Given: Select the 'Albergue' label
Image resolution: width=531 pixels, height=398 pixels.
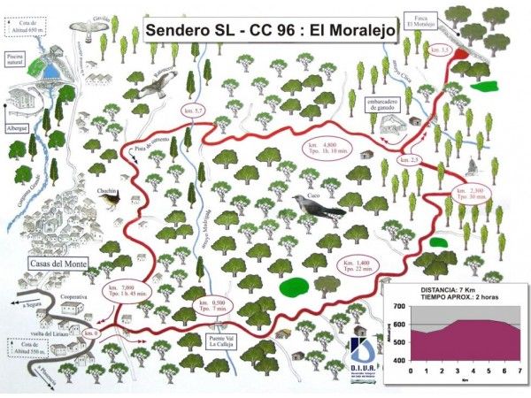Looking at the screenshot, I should point(17,127).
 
